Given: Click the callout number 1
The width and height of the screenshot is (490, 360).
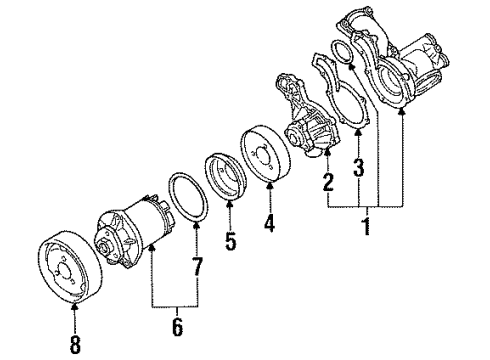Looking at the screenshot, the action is pos(367,226).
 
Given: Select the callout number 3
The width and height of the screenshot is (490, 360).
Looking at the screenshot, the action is pos(359,167).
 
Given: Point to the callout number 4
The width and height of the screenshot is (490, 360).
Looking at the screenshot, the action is pos(269,223).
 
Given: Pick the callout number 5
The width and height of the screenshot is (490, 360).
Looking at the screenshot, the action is pos(230,241).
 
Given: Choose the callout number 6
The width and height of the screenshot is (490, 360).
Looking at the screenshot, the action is pos(177,327).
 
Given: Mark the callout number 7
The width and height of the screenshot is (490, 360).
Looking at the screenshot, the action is pos(197,266).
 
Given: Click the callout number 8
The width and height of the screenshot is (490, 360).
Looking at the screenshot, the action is pos(75,344).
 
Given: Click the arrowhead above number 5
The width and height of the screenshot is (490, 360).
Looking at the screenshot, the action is pos(230,202).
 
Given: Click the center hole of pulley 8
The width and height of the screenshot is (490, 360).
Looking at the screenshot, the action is pos(64,269).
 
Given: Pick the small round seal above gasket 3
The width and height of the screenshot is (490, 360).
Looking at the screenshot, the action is pos(342,52).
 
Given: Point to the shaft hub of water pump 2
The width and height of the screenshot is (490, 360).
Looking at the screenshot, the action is pos(292,136).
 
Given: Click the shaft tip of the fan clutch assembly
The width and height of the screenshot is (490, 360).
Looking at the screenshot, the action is pos(101,248).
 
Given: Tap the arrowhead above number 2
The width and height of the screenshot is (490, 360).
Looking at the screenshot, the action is pos(328,152).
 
